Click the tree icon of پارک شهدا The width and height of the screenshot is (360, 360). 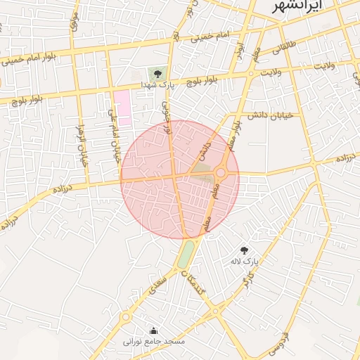coord(157,74)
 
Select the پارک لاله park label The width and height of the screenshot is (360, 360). coord(245,261)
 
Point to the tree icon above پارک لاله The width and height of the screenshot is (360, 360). coord(244,250)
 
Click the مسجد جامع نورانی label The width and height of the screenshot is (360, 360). coord(154,341)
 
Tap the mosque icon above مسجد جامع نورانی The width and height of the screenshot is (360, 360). coord(154,330)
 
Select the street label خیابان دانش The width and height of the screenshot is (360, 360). coord(271,115)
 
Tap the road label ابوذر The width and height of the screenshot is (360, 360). coord(239,48)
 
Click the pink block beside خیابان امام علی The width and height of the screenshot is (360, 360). coord(123,107)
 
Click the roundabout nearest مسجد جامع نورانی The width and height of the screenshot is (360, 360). coord(126,317)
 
